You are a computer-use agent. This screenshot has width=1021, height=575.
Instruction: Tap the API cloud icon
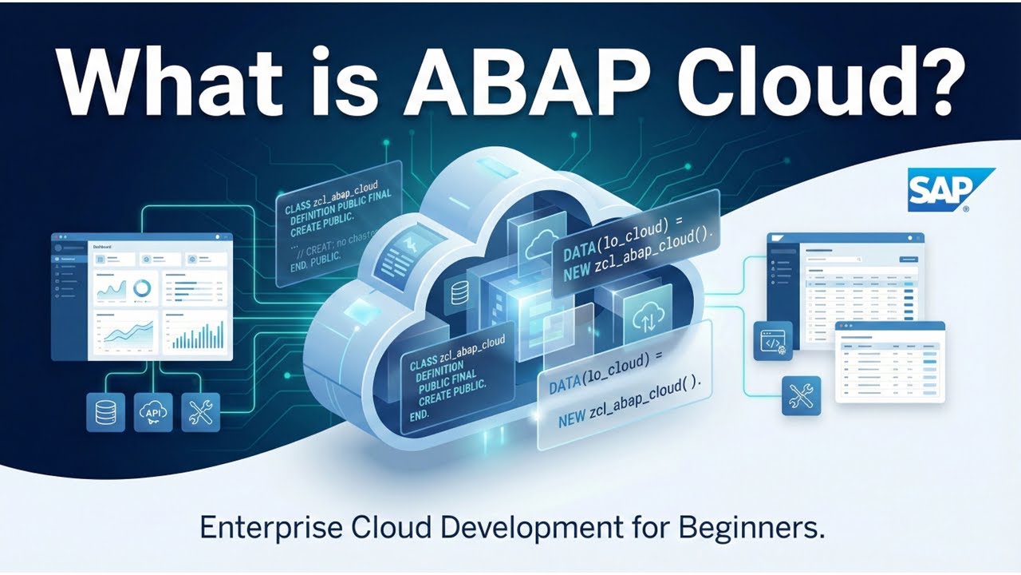click(x=153, y=413)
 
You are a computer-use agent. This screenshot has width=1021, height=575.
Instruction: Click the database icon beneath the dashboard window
click(x=105, y=413)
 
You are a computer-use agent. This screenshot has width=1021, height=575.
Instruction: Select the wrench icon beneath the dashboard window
click(x=201, y=413)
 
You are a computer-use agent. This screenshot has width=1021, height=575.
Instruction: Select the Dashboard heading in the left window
click(x=104, y=248)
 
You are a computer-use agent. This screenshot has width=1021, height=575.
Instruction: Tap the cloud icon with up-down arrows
click(x=643, y=316)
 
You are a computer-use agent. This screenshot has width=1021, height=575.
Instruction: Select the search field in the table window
click(x=834, y=260)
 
